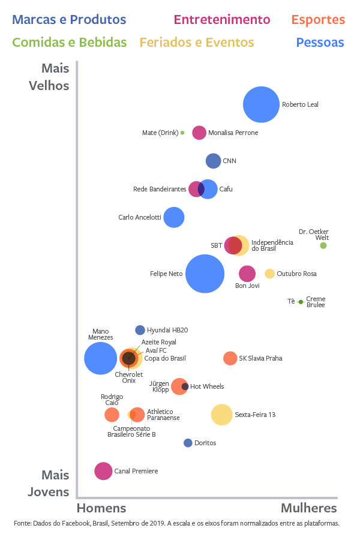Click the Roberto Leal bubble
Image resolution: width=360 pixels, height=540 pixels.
tap(261, 104)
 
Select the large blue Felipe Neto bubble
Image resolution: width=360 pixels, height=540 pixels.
tap(205, 274)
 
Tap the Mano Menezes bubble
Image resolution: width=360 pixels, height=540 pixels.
tap(100, 358)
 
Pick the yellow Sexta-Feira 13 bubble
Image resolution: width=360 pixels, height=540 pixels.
tap(221, 415)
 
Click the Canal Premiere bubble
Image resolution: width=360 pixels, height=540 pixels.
tap(103, 471)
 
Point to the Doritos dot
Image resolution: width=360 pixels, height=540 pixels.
tap(188, 443)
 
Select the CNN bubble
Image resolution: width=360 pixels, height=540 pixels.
tap(213, 161)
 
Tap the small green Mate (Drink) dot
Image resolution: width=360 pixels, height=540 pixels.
tap(182, 133)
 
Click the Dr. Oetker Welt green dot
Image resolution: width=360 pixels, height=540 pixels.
tap(323, 245)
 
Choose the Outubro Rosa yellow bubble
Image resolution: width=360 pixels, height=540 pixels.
tap(270, 274)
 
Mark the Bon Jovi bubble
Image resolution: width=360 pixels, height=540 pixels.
tap(247, 274)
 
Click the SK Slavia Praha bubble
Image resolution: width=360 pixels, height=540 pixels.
tap(230, 358)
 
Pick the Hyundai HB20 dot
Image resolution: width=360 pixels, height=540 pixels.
tap(140, 330)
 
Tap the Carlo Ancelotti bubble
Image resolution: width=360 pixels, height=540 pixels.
tap(173, 217)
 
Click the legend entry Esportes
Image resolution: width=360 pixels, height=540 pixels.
tap(318, 20)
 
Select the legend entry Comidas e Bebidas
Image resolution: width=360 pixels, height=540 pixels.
tap(69, 43)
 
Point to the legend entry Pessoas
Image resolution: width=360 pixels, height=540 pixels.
tap(320, 43)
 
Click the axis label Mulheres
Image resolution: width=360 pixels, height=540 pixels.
tap(309, 508)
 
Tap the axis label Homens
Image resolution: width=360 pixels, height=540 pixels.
tap(101, 508)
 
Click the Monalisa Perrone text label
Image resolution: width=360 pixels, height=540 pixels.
tap(233, 133)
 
